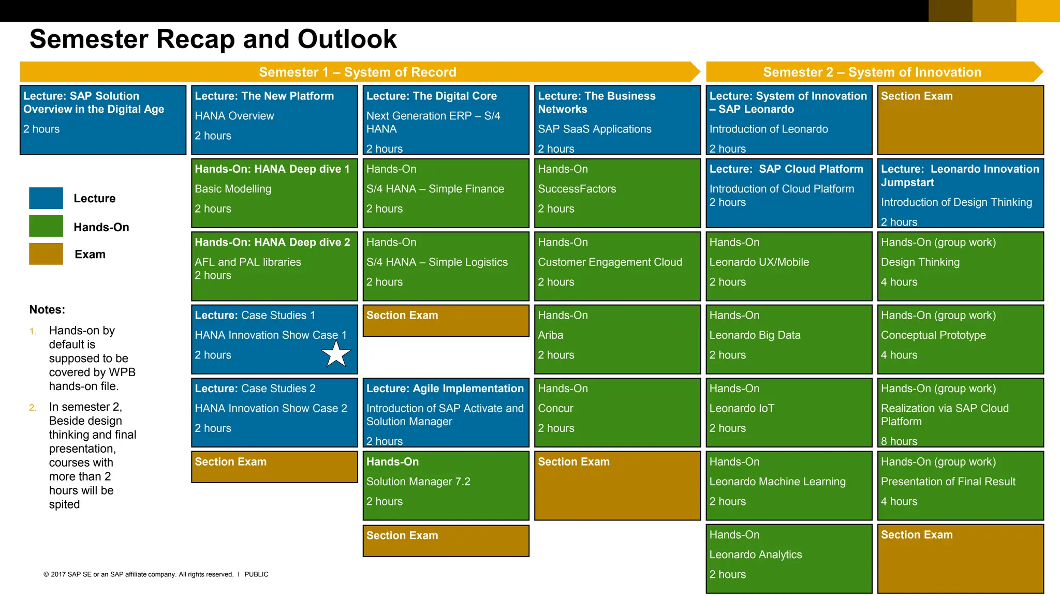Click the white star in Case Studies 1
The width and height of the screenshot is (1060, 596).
pyautogui.click(x=336, y=354)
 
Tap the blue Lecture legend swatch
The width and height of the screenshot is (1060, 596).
pyautogui.click(x=46, y=198)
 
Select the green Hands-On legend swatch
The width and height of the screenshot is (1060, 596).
pyautogui.click(x=46, y=226)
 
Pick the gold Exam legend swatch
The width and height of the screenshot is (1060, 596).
pyautogui.click(x=46, y=254)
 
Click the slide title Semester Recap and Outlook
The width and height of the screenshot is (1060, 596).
pyautogui.click(x=213, y=39)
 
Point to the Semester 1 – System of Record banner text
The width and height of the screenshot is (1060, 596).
pyautogui.click(x=357, y=72)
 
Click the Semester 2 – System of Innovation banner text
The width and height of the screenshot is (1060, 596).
pyautogui.click(x=872, y=72)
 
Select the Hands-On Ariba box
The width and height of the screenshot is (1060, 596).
pyautogui.click(x=617, y=339)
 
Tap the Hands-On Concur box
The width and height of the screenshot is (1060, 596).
pyautogui.click(x=617, y=412)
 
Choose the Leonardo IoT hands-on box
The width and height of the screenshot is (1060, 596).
pyautogui.click(x=788, y=412)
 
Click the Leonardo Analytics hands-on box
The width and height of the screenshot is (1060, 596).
pyautogui.click(x=788, y=558)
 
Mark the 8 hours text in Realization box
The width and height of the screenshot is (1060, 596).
pyautogui.click(x=899, y=441)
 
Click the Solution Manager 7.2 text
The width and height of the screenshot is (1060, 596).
pyautogui.click(x=418, y=482)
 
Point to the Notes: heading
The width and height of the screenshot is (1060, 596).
pyautogui.click(x=47, y=309)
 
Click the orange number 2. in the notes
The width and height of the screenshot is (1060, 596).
pyautogui.click(x=33, y=408)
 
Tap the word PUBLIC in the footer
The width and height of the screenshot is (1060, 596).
pyautogui.click(x=256, y=574)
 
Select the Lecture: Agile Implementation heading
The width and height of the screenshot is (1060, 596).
pyautogui.click(x=445, y=389)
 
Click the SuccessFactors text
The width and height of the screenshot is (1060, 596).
pyautogui.click(x=577, y=189)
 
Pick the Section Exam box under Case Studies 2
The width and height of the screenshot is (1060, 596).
pyautogui.click(x=274, y=467)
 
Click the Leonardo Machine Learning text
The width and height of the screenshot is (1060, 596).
pyautogui.click(x=777, y=482)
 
